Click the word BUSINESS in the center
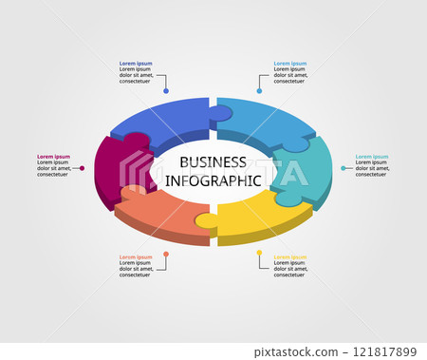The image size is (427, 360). click(213, 162)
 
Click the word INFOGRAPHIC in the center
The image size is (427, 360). click(213, 180)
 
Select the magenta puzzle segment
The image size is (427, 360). click(121, 168)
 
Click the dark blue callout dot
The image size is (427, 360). click(166, 91)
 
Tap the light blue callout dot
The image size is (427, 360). click(259, 91)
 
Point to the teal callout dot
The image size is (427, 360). click(343, 168)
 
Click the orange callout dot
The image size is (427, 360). click(166, 254)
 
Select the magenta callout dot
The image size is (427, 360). click(83, 168)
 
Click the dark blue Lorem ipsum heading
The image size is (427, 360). click(135, 64)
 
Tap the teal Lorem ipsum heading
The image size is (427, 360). click(372, 157)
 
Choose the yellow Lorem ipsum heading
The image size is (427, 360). click(290, 257)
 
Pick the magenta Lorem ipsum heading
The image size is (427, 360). click(53, 157)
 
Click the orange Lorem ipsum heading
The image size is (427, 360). click(135, 257)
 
